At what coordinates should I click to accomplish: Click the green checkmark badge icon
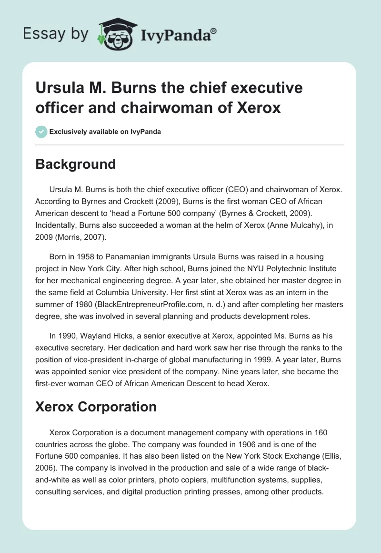pyautogui.click(x=41, y=132)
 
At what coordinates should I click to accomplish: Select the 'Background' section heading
pyautogui.click(x=76, y=164)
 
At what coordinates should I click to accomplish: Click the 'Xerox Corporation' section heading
pyautogui.click(x=96, y=407)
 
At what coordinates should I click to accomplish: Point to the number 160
pyautogui.click(x=321, y=432)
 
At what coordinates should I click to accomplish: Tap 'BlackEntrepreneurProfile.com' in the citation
pyautogui.click(x=135, y=304)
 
